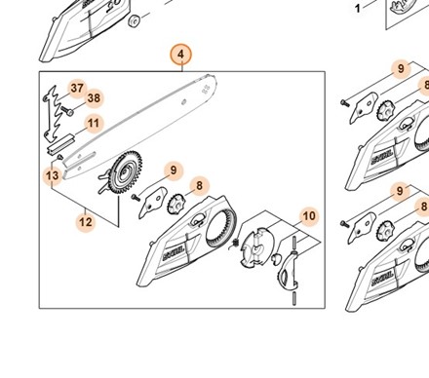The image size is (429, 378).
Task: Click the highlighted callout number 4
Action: pyautogui.click(x=180, y=55)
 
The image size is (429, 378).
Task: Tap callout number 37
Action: pyautogui.click(x=76, y=89)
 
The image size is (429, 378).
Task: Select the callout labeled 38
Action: pyautogui.click(x=94, y=97)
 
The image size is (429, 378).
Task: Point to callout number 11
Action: pyautogui.click(x=93, y=123)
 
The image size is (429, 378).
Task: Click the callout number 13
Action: pyautogui.click(x=53, y=175)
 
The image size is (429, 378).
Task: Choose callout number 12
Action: pyautogui.click(x=86, y=222)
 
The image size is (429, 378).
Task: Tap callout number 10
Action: pyautogui.click(x=308, y=215)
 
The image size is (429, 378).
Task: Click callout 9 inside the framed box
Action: pyautogui.click(x=173, y=171)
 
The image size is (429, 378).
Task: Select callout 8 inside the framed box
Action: pyautogui.click(x=199, y=184)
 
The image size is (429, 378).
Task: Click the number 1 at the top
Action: pyautogui.click(x=330, y=8)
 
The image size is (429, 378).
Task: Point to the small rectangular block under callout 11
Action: pyautogui.click(x=60, y=144)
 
